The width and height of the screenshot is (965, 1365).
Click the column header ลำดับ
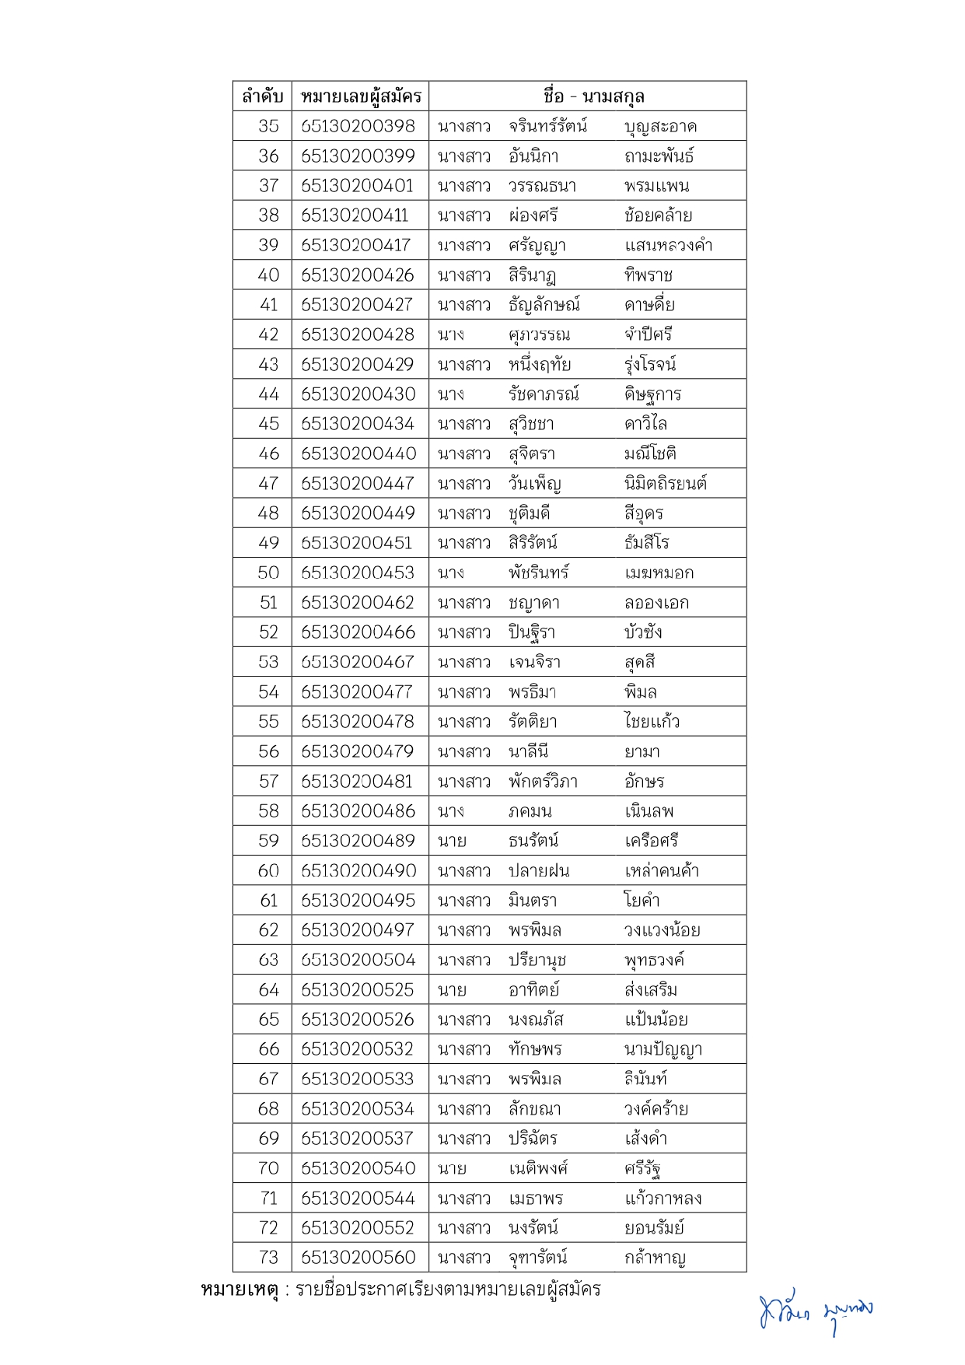(262, 96)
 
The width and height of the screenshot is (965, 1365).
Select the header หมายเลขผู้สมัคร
(360, 96)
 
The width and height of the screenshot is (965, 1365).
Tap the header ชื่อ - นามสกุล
(593, 96)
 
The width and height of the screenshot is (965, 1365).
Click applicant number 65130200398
(358, 126)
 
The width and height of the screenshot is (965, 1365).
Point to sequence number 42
(268, 334)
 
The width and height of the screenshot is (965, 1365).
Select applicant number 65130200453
(358, 572)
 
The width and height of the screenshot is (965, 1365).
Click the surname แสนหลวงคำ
(668, 246)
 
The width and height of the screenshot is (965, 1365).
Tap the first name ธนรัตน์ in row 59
(533, 841)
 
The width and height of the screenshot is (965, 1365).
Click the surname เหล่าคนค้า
(661, 870)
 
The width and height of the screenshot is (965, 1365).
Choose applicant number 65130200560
(358, 1257)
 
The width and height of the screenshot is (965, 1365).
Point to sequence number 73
(268, 1257)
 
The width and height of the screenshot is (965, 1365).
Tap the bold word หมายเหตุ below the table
(240, 1290)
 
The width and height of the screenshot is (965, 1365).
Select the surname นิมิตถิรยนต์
(665, 484)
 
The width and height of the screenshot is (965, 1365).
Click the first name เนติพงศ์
(538, 1168)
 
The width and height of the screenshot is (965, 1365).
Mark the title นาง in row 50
(451, 573)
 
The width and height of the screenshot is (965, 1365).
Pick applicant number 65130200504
(358, 960)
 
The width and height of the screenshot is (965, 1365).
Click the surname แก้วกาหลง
(663, 1198)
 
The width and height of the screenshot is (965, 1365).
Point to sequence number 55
(268, 722)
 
